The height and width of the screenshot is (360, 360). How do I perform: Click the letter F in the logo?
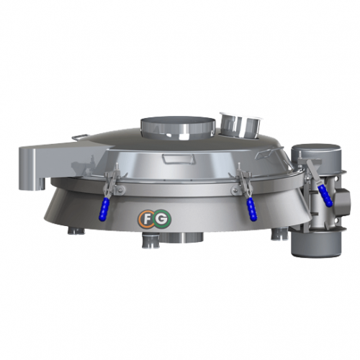coord(146,219)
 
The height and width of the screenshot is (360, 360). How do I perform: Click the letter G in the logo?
coord(163,219)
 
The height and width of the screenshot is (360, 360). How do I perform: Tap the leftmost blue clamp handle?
coord(104,210)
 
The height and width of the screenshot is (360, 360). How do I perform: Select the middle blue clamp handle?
coord(252,210)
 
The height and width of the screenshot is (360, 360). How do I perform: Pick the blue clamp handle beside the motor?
coord(325,195)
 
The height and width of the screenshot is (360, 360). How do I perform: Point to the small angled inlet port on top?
coord(240,125)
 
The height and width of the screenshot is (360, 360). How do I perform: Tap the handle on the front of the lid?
coord(178,158)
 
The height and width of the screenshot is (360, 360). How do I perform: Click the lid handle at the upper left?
coord(79,136)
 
